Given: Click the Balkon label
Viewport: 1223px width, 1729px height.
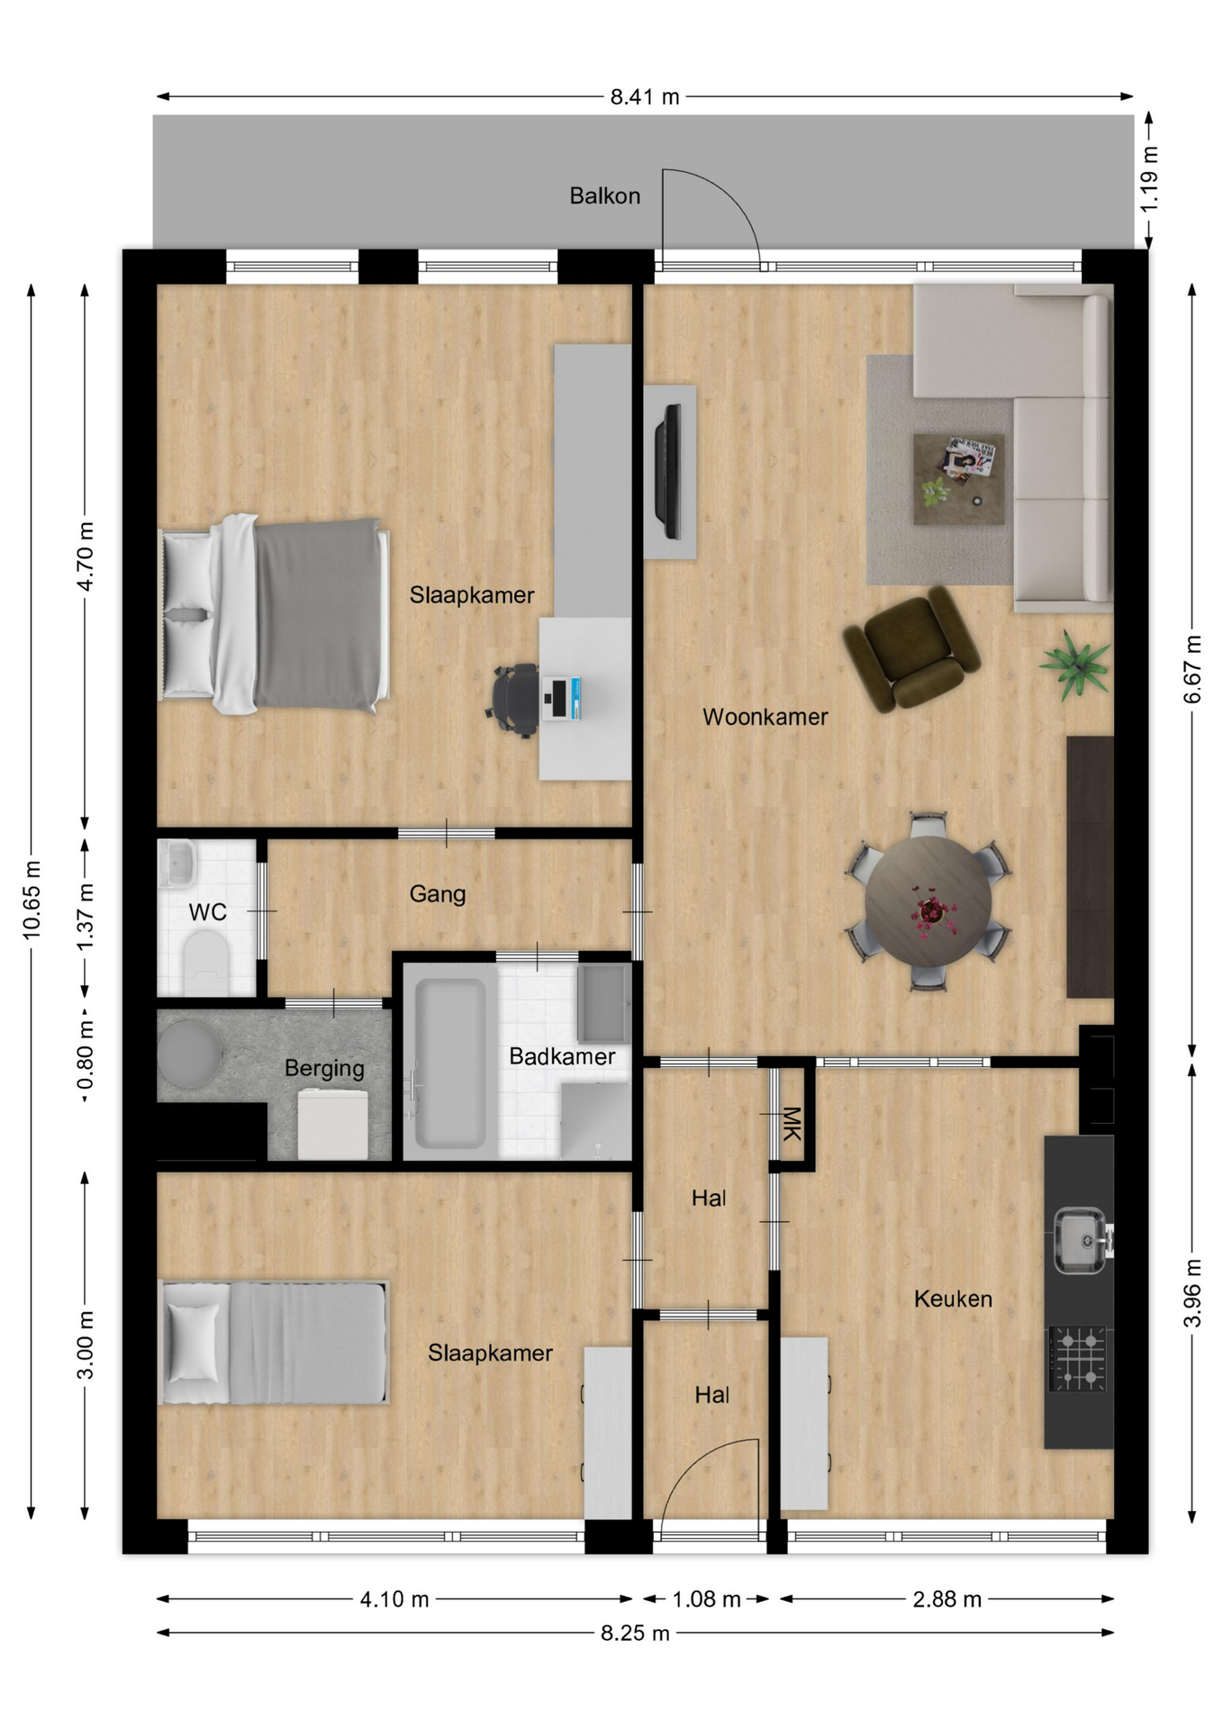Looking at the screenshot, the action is pos(604,195).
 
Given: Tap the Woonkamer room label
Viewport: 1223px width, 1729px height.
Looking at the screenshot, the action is pos(765,717).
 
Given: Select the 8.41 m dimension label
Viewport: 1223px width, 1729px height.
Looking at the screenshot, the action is pos(645,96).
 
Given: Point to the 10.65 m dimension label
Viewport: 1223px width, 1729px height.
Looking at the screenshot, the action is pos(32,900).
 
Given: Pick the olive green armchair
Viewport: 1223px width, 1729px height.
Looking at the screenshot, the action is pos(910,648).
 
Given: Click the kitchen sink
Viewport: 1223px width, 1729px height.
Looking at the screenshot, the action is pos(1081,1240).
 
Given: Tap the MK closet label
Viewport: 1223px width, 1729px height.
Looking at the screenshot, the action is pos(790,1123).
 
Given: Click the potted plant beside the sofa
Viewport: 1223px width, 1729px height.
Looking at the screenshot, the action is pos(1074,665).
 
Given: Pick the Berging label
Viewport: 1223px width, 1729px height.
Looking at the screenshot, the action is pos(324,1069).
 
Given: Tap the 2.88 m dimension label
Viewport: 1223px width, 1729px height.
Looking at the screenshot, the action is pos(947,1599).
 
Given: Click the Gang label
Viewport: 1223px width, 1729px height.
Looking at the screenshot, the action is pos(438,894).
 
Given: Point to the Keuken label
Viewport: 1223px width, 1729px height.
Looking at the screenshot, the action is pos(953,1299).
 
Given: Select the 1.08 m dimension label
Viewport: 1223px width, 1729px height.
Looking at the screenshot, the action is pos(706,1599).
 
